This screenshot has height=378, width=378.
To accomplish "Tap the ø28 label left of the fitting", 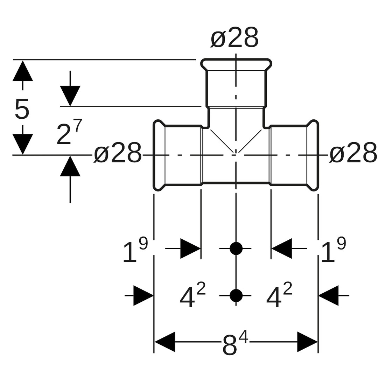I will pyautogui.click(x=118, y=153).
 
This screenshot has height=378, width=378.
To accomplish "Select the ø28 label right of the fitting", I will pyautogui.click(x=353, y=153).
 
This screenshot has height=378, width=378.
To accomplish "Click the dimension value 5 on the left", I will pyautogui.click(x=22, y=109).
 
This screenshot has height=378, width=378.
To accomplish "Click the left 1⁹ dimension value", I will pyautogui.click(x=135, y=250).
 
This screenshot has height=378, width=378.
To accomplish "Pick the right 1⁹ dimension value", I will pyautogui.click(x=333, y=250).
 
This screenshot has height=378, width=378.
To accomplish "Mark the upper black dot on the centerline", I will pyautogui.click(x=236, y=248).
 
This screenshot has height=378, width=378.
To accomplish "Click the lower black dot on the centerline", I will pyautogui.click(x=236, y=296).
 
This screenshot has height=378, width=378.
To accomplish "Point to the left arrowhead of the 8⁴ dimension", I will pyautogui.click(x=165, y=342).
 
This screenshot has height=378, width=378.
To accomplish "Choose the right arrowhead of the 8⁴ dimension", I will pyautogui.click(x=307, y=342).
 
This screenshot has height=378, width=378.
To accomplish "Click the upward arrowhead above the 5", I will pyautogui.click(x=23, y=71).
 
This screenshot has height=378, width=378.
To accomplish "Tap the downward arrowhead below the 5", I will pyautogui.click(x=23, y=143).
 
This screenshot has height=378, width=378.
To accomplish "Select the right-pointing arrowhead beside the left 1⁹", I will pyautogui.click(x=190, y=248).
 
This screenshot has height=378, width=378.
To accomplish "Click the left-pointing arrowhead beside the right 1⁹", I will pyautogui.click(x=281, y=248).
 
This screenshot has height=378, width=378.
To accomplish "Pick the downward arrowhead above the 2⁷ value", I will pyautogui.click(x=70, y=95).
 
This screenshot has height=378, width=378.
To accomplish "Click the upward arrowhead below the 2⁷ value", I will pyautogui.click(x=70, y=166).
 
